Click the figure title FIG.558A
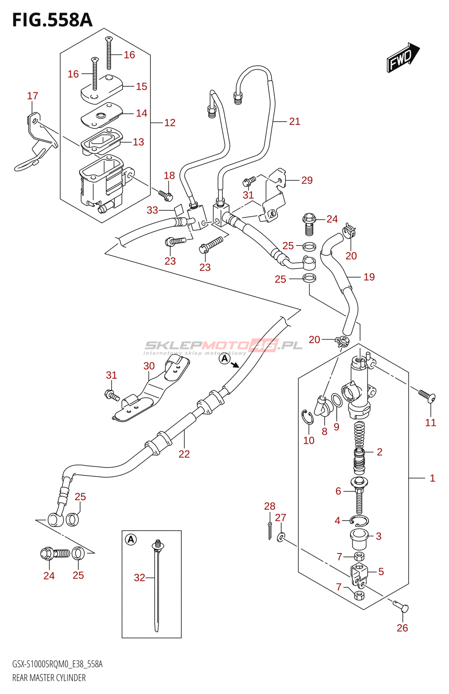pyautogui.click(x=52, y=20)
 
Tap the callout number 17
pyautogui.click(x=33, y=96)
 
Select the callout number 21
pyautogui.click(x=295, y=121)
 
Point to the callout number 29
pyautogui.click(x=307, y=180)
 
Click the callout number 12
pyautogui.click(x=170, y=123)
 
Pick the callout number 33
pyautogui.click(x=152, y=210)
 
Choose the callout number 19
pyautogui.click(x=369, y=277)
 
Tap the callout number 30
pyautogui.click(x=149, y=366)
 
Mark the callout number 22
pyautogui.click(x=184, y=454)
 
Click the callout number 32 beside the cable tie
pyautogui.click(x=140, y=578)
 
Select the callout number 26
pyautogui.click(x=402, y=628)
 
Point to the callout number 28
pyautogui.click(x=270, y=506)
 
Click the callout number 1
pyautogui.click(x=432, y=478)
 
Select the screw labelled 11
pyautogui.click(x=426, y=395)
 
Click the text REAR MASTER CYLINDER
pyautogui.click(x=49, y=678)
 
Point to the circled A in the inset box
pyautogui.click(x=131, y=540)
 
